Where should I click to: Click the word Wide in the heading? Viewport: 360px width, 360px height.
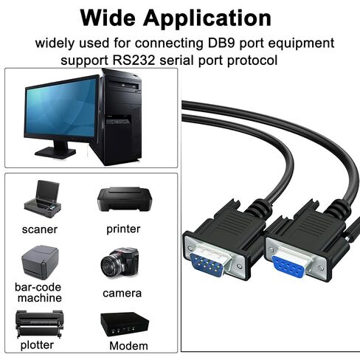pyautogui.click(x=108, y=18)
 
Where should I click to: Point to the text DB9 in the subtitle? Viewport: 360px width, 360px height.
pyautogui.click(x=221, y=43)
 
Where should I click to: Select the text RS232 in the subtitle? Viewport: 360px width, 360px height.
pyautogui.click(x=134, y=60)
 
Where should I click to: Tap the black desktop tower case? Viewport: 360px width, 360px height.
pyautogui.click(x=120, y=117)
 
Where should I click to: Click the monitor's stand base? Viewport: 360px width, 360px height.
pyautogui.click(x=55, y=153)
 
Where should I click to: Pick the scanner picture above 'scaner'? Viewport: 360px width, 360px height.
pyautogui.click(x=42, y=198)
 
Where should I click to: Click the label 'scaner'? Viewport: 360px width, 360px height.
pyautogui.click(x=40, y=229)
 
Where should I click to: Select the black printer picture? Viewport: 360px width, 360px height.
pyautogui.click(x=125, y=199)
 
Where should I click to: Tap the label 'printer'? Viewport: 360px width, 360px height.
pyautogui.click(x=123, y=229)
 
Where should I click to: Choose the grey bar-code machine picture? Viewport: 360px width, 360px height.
pyautogui.click(x=40, y=262)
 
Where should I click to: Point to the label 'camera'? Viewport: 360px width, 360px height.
pyautogui.click(x=122, y=293)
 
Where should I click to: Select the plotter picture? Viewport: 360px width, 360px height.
pyautogui.click(x=39, y=324)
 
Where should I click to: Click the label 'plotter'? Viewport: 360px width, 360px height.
pyautogui.click(x=37, y=345)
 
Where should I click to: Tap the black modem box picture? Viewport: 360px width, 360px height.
pyautogui.click(x=125, y=324)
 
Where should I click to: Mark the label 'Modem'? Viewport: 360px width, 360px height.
pyautogui.click(x=128, y=346)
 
